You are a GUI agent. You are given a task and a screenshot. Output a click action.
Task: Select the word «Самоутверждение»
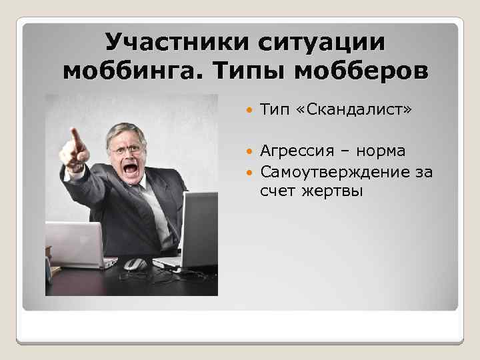click(337, 173)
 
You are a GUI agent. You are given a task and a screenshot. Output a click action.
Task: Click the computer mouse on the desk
click(135, 265)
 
